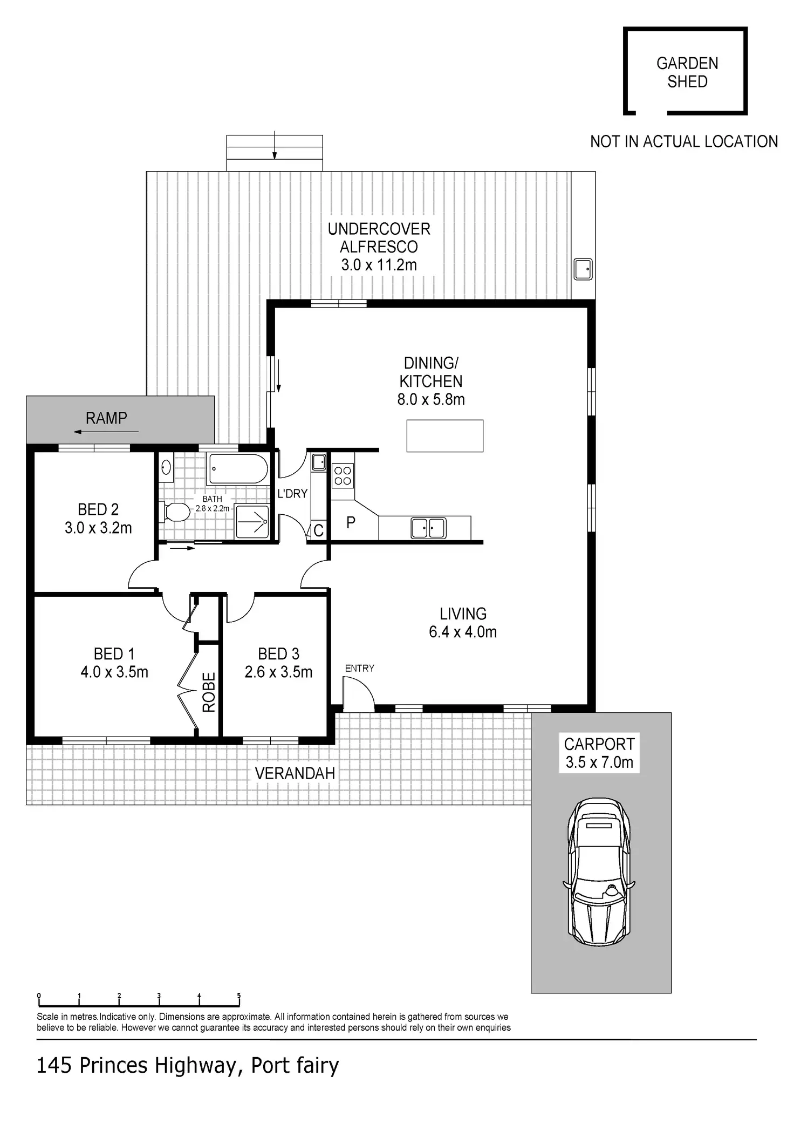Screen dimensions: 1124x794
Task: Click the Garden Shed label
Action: [687, 72]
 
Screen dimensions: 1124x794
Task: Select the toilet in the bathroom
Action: [175, 512]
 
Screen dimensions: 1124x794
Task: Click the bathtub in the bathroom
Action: [238, 469]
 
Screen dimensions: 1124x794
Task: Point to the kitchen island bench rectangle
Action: [444, 435]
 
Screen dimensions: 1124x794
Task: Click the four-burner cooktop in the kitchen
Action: [343, 476]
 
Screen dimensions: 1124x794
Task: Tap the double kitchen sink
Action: [428, 528]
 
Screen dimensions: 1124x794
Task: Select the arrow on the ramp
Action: [106, 432]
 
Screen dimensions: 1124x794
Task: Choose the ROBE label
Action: [209, 692]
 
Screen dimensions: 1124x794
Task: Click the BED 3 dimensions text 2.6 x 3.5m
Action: [278, 672]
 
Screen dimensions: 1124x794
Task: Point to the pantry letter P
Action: [351, 522]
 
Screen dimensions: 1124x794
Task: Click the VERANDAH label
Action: [295, 773]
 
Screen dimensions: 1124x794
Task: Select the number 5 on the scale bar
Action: [239, 996]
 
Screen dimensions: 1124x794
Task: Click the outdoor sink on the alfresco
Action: [583, 269]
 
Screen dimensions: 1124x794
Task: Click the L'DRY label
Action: [292, 493]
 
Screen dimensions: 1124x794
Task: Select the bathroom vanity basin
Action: [166, 467]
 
